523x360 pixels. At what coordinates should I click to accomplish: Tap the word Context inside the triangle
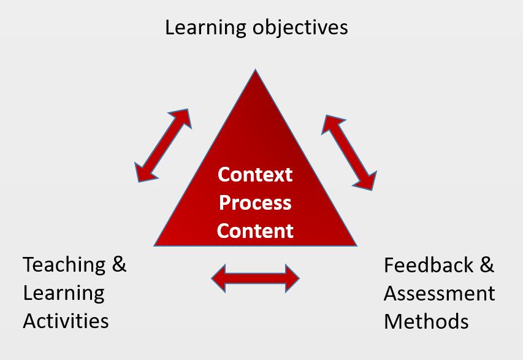255,175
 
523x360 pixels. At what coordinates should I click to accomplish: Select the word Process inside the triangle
255,202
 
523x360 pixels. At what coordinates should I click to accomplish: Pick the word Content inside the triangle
255,231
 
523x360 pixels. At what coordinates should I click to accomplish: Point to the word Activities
66,321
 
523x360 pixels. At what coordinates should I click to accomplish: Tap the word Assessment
439,293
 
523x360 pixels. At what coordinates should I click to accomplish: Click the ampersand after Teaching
119,265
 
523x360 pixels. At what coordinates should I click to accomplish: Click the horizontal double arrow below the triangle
255,279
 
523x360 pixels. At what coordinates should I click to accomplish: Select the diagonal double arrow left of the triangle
162,145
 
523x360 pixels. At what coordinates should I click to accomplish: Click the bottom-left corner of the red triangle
156,245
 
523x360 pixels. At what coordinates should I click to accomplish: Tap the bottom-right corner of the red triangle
356,245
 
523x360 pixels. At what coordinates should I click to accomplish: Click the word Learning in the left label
64,293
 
